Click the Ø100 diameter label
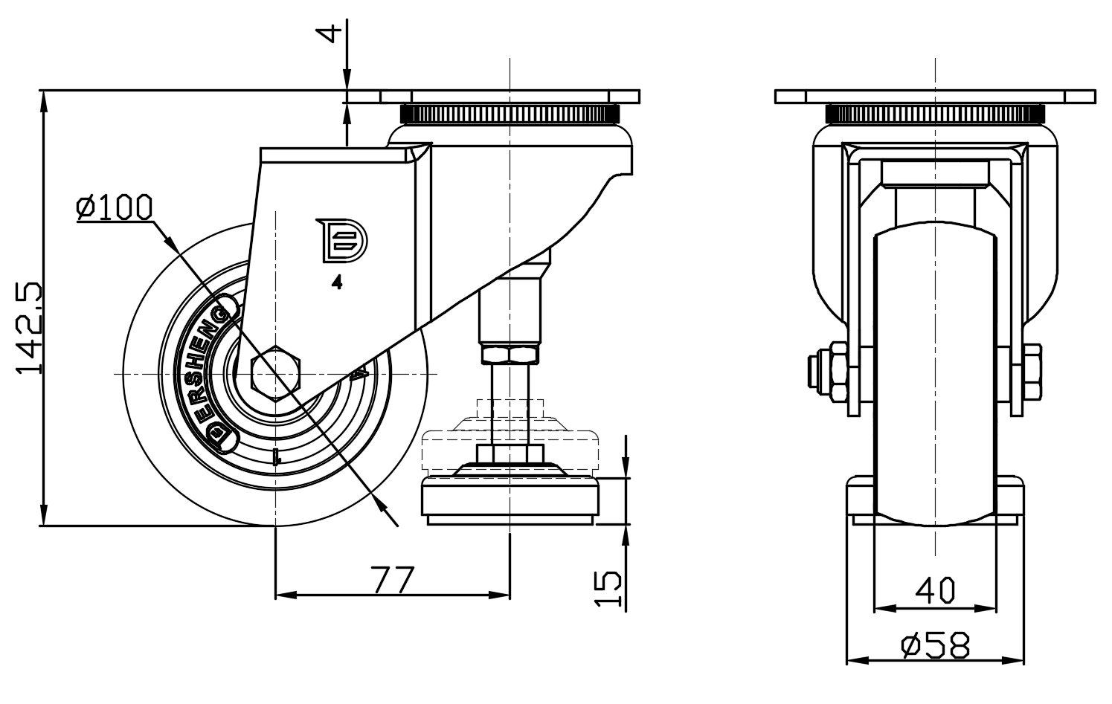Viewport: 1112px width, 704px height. (x=115, y=207)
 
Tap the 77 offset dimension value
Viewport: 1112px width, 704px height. (x=392, y=579)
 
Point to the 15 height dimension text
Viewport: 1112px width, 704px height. (x=609, y=589)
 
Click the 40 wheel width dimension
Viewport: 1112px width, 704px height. (x=934, y=590)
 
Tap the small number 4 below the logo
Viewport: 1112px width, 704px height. (x=337, y=282)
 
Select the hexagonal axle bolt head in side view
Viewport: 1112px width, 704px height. (x=276, y=372)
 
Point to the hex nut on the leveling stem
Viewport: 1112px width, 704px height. (x=510, y=353)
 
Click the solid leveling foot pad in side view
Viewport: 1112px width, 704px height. (x=510, y=501)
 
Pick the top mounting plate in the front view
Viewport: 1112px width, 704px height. (x=934, y=97)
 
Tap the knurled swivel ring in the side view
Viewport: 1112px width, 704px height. (x=510, y=114)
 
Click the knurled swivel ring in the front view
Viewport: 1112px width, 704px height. (x=934, y=114)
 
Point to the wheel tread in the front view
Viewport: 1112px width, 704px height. (x=934, y=372)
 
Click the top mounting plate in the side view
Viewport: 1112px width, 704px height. (x=510, y=97)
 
